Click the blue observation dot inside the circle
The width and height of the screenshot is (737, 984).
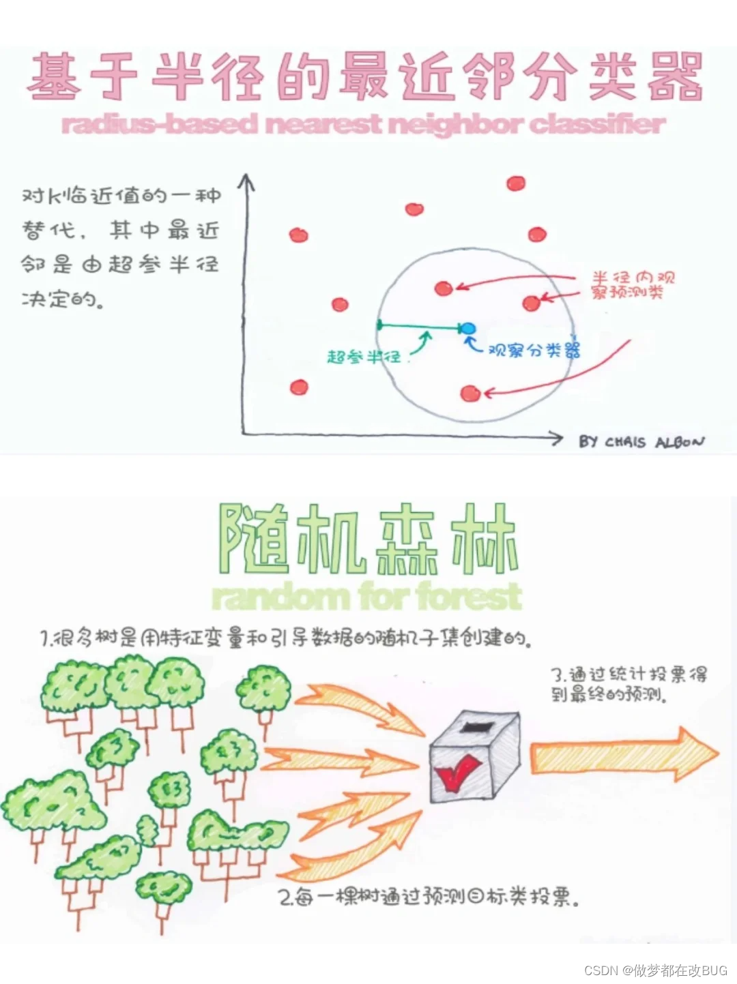(x=467, y=329)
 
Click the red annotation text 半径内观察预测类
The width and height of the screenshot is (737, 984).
(x=633, y=285)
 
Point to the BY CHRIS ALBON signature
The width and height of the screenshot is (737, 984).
(x=641, y=442)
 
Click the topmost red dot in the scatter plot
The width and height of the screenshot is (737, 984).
(x=516, y=183)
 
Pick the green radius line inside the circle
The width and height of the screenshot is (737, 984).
(x=420, y=327)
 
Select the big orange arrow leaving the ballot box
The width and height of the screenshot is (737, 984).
(x=623, y=754)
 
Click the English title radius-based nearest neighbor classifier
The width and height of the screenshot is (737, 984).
(x=363, y=124)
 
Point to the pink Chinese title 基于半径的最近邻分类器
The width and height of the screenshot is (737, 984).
(x=365, y=76)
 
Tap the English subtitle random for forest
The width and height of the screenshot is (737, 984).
(x=366, y=596)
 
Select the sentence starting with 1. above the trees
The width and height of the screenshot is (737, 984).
(x=285, y=638)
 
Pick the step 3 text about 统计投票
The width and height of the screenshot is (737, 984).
(x=628, y=684)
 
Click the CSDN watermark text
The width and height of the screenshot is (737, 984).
(x=656, y=970)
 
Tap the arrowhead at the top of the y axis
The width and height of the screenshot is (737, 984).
(x=246, y=181)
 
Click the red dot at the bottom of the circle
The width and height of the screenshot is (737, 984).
(x=469, y=393)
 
